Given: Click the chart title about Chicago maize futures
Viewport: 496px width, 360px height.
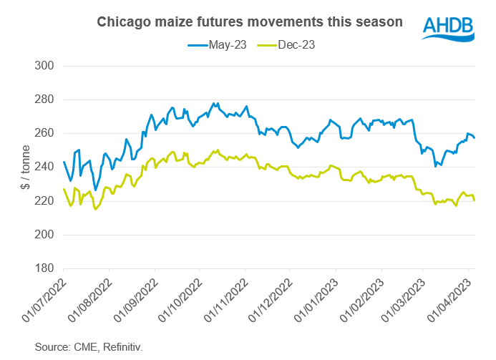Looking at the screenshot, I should coord(249,22).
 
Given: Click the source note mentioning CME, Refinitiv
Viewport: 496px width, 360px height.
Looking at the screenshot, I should coord(89,347).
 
